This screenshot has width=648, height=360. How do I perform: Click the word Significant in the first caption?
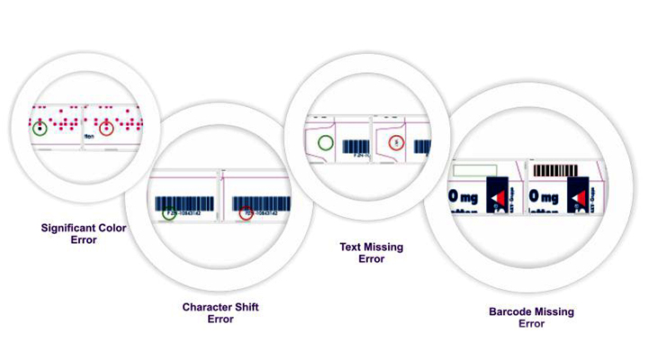click(x=67, y=228)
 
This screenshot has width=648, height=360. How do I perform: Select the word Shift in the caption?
click(x=247, y=307)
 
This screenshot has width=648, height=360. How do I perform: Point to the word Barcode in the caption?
click(x=508, y=312)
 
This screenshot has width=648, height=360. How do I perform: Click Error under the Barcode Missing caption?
click(x=531, y=323)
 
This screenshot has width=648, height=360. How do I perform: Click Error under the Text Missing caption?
click(x=371, y=258)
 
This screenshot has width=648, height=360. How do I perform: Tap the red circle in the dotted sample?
click(x=106, y=128)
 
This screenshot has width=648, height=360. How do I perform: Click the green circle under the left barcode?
click(x=169, y=213)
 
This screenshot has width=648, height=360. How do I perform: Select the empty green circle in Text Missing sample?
click(x=325, y=142)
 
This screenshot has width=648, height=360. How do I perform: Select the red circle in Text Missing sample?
click(x=394, y=142)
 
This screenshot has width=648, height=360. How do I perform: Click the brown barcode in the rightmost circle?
click(x=551, y=168)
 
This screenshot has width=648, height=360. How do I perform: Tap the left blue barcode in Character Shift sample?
click(x=184, y=202)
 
